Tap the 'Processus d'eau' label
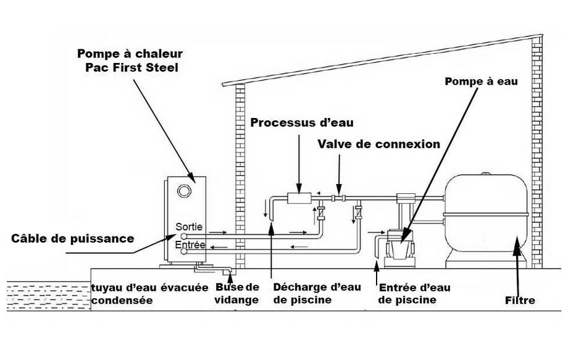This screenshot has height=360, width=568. point(296,122)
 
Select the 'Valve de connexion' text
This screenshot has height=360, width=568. point(378,144)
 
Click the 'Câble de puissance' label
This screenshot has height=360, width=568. point(73,238)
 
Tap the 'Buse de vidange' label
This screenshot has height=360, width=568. point(238,293)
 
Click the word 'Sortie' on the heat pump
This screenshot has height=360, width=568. point(188,227)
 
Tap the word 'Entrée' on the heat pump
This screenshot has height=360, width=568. point(189,245)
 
